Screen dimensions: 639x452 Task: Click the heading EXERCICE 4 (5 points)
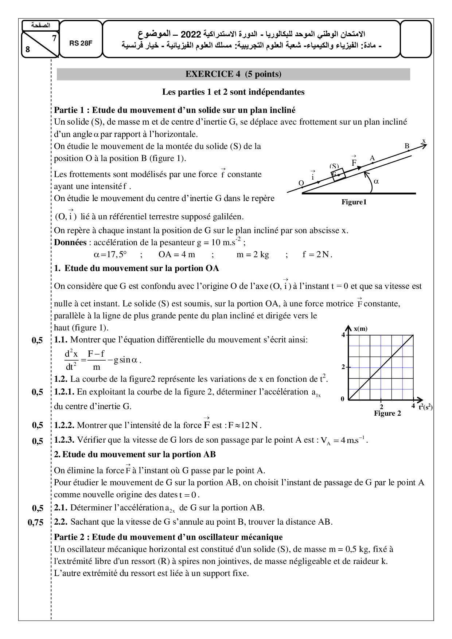(x=233, y=74)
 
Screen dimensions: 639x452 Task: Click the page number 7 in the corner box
(x=54, y=38)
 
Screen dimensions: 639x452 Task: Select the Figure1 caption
(x=354, y=202)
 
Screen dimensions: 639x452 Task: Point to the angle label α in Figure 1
(x=377, y=181)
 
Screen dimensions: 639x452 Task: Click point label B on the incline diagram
(x=407, y=146)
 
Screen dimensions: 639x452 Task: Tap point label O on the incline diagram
(x=301, y=183)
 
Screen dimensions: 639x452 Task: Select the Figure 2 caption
(x=387, y=413)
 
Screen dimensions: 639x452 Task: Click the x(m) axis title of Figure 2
(x=361, y=329)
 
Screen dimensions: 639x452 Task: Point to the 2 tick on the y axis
(x=343, y=367)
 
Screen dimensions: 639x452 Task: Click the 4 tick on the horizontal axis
(x=413, y=406)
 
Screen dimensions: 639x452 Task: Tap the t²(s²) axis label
(x=425, y=407)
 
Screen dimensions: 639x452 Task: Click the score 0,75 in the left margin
(x=36, y=522)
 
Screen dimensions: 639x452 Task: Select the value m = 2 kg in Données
(x=253, y=255)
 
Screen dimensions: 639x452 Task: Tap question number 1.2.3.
(x=64, y=440)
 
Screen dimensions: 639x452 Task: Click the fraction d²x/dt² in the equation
(x=71, y=360)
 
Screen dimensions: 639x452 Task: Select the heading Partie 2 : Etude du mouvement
(x=168, y=537)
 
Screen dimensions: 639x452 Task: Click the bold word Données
(x=70, y=243)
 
